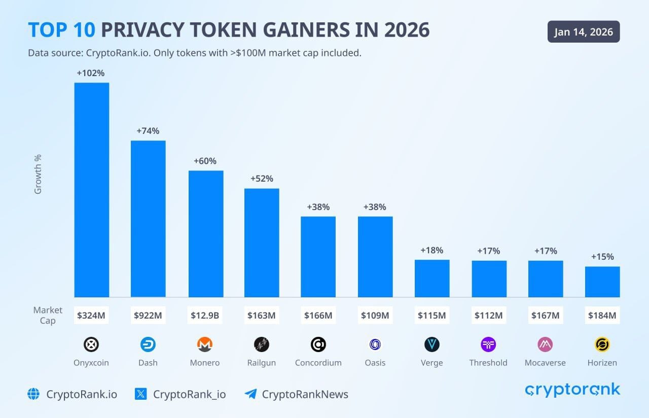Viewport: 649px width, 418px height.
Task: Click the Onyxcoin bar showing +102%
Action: [x=92, y=190]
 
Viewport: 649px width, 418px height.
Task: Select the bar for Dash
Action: [x=148, y=219]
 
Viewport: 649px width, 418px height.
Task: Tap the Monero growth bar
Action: [x=205, y=234]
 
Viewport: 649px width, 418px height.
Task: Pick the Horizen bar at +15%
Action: [x=602, y=282]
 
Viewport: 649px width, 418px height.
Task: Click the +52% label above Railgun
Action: [x=262, y=179]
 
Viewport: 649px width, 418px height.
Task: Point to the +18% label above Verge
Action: [x=431, y=250]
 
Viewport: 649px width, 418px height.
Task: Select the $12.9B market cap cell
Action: [x=205, y=316]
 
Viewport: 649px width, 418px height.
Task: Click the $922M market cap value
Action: [x=148, y=316]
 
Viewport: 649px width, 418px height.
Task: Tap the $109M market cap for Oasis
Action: [x=375, y=316]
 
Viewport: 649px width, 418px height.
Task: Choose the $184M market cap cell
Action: [x=602, y=316]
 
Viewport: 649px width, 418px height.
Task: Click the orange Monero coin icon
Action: [x=205, y=345]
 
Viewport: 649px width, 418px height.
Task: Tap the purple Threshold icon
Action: [x=488, y=345]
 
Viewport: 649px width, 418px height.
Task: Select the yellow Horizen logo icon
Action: [x=602, y=345]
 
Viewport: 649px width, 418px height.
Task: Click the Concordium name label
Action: [x=318, y=363]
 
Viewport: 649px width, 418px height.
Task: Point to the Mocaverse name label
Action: [x=545, y=363]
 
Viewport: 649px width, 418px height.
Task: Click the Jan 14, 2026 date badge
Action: [x=584, y=32]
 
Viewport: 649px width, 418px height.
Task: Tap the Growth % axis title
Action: [x=38, y=174]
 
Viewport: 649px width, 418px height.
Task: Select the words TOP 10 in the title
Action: [x=61, y=30]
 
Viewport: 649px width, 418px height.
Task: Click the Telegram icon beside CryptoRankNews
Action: [x=250, y=394]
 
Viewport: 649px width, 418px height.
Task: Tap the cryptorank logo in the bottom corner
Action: [x=572, y=390]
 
